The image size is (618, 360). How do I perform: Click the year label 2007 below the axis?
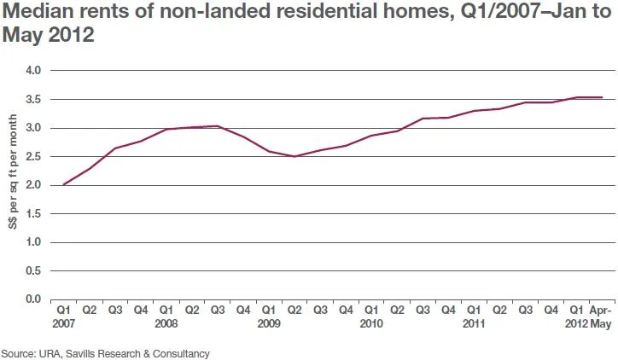[x=62, y=325]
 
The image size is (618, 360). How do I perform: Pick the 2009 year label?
[x=268, y=325]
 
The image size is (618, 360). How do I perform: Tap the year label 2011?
[x=474, y=325]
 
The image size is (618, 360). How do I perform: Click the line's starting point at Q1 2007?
[x=63, y=184]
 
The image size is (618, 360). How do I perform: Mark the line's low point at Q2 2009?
[x=294, y=156]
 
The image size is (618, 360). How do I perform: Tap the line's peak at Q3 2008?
[x=217, y=126]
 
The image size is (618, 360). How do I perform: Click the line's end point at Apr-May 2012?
[x=602, y=97]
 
